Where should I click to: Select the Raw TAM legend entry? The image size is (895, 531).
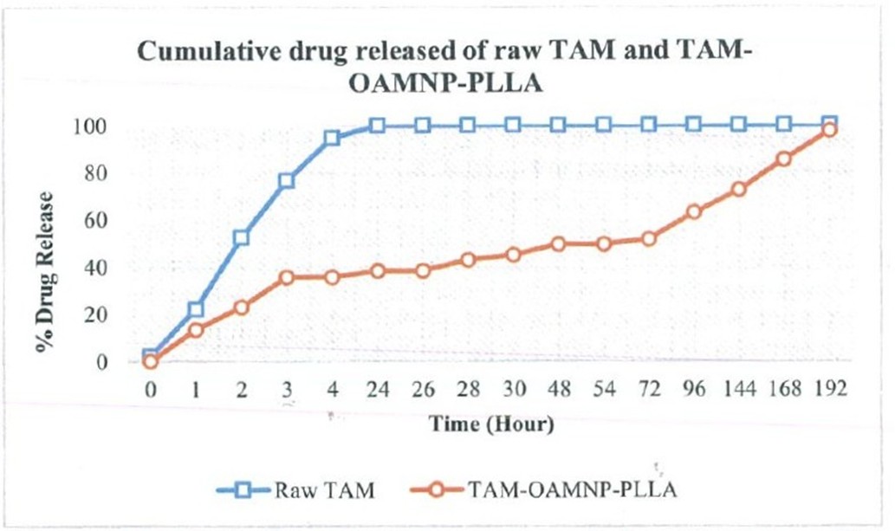(x=295, y=490)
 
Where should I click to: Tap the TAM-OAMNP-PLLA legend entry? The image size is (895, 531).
(x=544, y=490)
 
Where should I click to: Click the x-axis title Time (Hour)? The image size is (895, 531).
(x=491, y=424)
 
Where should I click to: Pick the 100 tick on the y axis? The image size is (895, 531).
(x=89, y=126)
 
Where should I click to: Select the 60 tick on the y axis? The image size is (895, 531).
(x=96, y=220)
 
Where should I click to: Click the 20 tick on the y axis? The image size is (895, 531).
(x=96, y=314)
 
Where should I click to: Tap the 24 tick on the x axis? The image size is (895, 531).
(x=377, y=390)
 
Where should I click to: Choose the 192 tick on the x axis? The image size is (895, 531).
(x=830, y=390)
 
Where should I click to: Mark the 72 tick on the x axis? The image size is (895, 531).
(x=649, y=390)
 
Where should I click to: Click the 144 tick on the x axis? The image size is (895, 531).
(x=740, y=390)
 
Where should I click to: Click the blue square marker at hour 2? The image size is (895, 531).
(x=241, y=237)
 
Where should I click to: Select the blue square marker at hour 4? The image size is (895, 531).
(x=332, y=139)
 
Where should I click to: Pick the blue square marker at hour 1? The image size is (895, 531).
(x=196, y=309)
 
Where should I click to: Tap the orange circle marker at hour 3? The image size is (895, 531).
(x=287, y=277)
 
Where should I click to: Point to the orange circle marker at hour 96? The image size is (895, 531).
(x=694, y=212)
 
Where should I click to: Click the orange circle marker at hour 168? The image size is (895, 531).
(x=784, y=159)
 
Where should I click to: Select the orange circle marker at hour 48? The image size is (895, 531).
(x=558, y=243)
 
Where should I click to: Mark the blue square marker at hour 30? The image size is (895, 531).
(x=513, y=125)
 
